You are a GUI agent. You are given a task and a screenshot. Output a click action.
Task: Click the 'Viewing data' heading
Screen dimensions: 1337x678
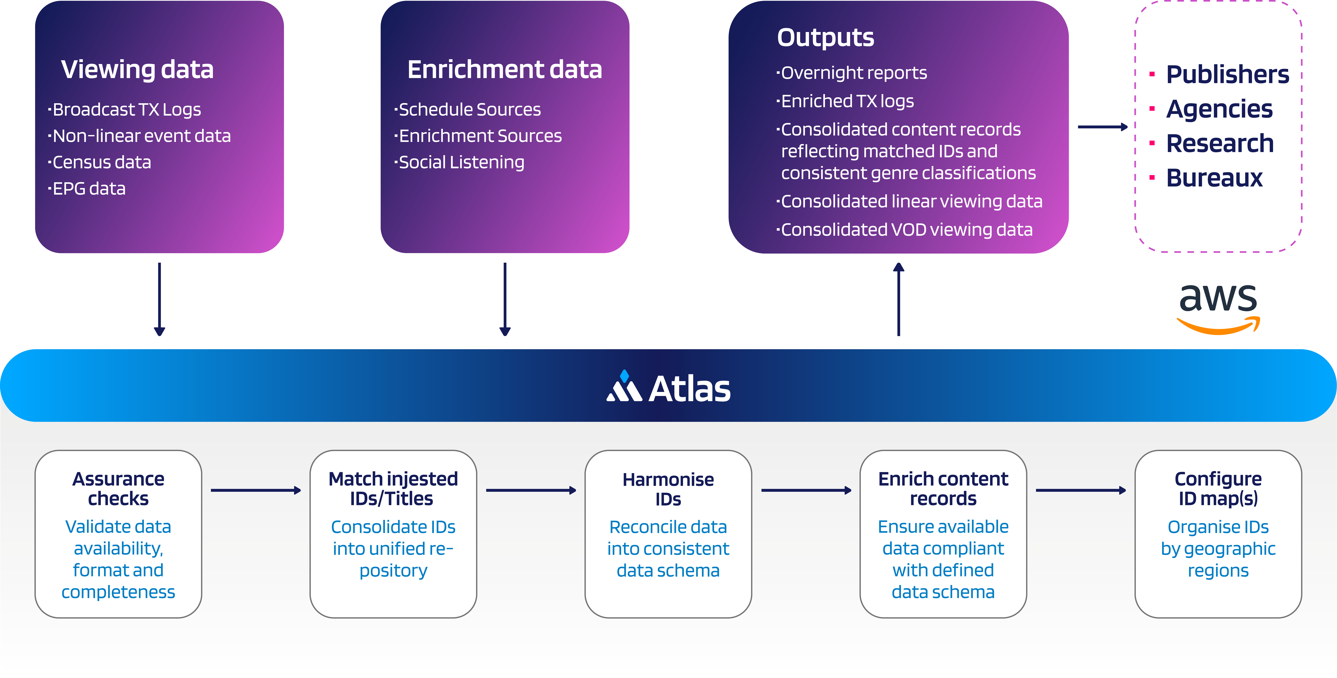tap(137, 70)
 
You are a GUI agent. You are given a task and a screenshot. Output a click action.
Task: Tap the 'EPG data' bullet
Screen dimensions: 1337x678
tap(87, 188)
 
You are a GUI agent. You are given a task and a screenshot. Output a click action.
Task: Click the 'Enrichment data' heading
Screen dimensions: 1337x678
tap(505, 70)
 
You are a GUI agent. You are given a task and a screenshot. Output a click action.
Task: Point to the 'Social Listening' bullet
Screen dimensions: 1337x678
tap(459, 163)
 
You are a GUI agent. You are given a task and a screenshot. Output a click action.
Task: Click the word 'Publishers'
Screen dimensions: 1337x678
tap(1227, 74)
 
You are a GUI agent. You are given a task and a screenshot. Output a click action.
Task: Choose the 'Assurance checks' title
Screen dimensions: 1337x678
tap(118, 489)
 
